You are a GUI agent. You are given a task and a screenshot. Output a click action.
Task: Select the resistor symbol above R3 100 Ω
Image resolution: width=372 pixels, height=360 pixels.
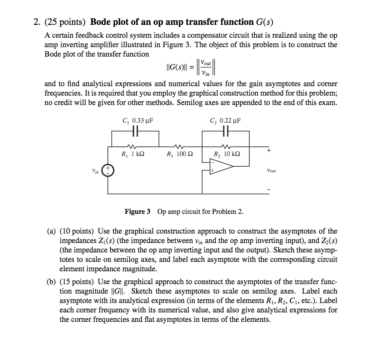click(x=180, y=145)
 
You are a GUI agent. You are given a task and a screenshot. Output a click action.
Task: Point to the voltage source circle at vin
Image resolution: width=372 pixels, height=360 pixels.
click(x=108, y=171)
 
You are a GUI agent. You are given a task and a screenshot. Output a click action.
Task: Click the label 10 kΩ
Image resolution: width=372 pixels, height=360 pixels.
click(x=231, y=153)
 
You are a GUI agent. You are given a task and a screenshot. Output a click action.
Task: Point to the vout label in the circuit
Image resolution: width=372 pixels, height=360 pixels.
click(x=271, y=171)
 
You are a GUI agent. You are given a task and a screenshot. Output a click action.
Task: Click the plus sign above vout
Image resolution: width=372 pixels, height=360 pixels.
click(x=269, y=151)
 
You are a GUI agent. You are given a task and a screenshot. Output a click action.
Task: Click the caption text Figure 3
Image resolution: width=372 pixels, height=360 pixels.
click(x=137, y=211)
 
